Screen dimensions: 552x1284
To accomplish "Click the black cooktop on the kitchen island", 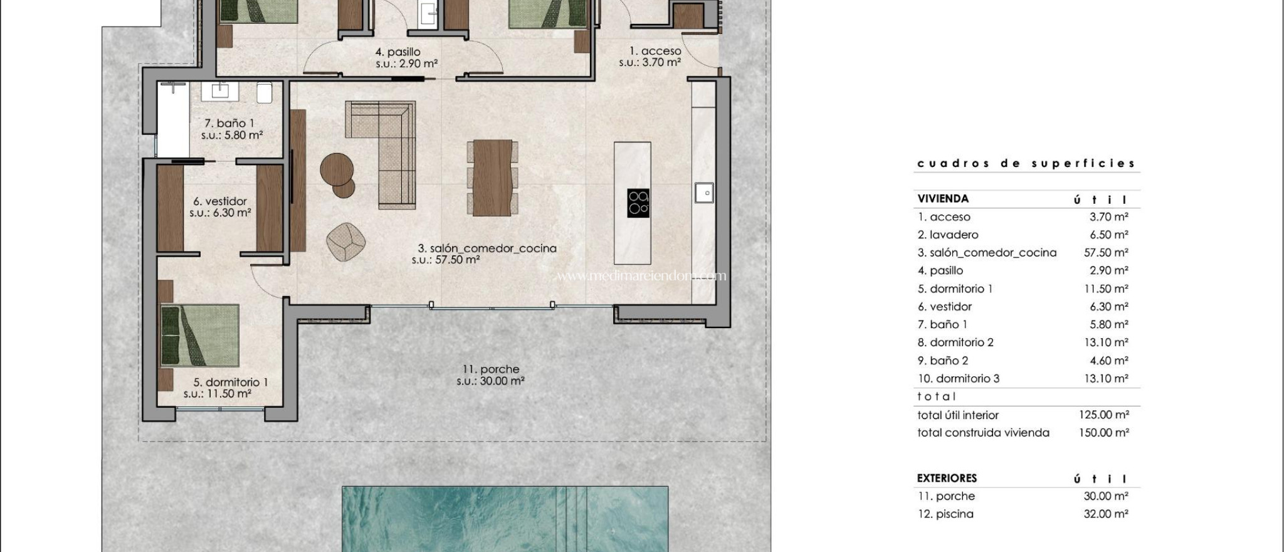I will (638, 203).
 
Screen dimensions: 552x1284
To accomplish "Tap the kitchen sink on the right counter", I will (703, 193).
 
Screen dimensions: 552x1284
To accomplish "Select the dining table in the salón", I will (492, 178).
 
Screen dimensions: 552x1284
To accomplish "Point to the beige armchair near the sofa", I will (345, 242).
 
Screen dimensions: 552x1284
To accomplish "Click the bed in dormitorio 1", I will (200, 335).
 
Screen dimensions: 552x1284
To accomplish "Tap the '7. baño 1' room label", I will (229, 124).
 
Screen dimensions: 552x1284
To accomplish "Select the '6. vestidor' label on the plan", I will (220, 201).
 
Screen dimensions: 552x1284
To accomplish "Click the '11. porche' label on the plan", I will (491, 369).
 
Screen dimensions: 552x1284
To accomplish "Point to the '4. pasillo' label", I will (397, 52).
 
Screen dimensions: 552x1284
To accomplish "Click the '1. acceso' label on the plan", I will (655, 51).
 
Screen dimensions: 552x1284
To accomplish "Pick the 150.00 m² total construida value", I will (1103, 432).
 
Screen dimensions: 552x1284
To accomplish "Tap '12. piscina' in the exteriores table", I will (945, 514).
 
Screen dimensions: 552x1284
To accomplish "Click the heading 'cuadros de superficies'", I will (1026, 164).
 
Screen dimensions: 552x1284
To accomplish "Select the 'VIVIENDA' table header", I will (943, 199).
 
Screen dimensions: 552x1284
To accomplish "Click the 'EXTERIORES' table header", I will (947, 478).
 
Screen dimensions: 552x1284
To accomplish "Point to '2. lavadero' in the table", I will (948, 235).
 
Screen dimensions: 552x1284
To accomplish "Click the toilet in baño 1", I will (264, 93).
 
